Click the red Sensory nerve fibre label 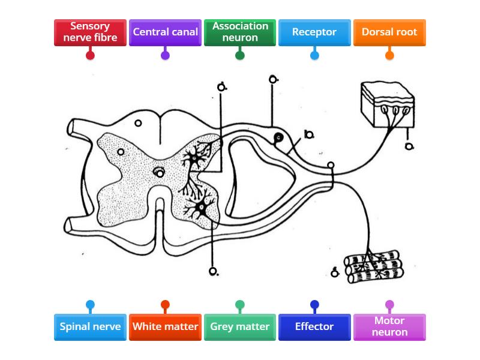(90, 32)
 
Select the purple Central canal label (165, 32)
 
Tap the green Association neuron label (240, 32)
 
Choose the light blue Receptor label (314, 32)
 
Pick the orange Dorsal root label (389, 32)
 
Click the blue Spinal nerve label (90, 327)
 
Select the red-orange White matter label (165, 327)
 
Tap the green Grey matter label (240, 327)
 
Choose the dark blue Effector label (314, 327)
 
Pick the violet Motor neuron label (389, 327)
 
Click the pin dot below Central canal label (165, 55)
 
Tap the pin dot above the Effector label (314, 305)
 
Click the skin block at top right (386, 103)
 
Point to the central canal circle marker (160, 173)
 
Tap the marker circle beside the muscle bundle (335, 274)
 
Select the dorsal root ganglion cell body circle (278, 138)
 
